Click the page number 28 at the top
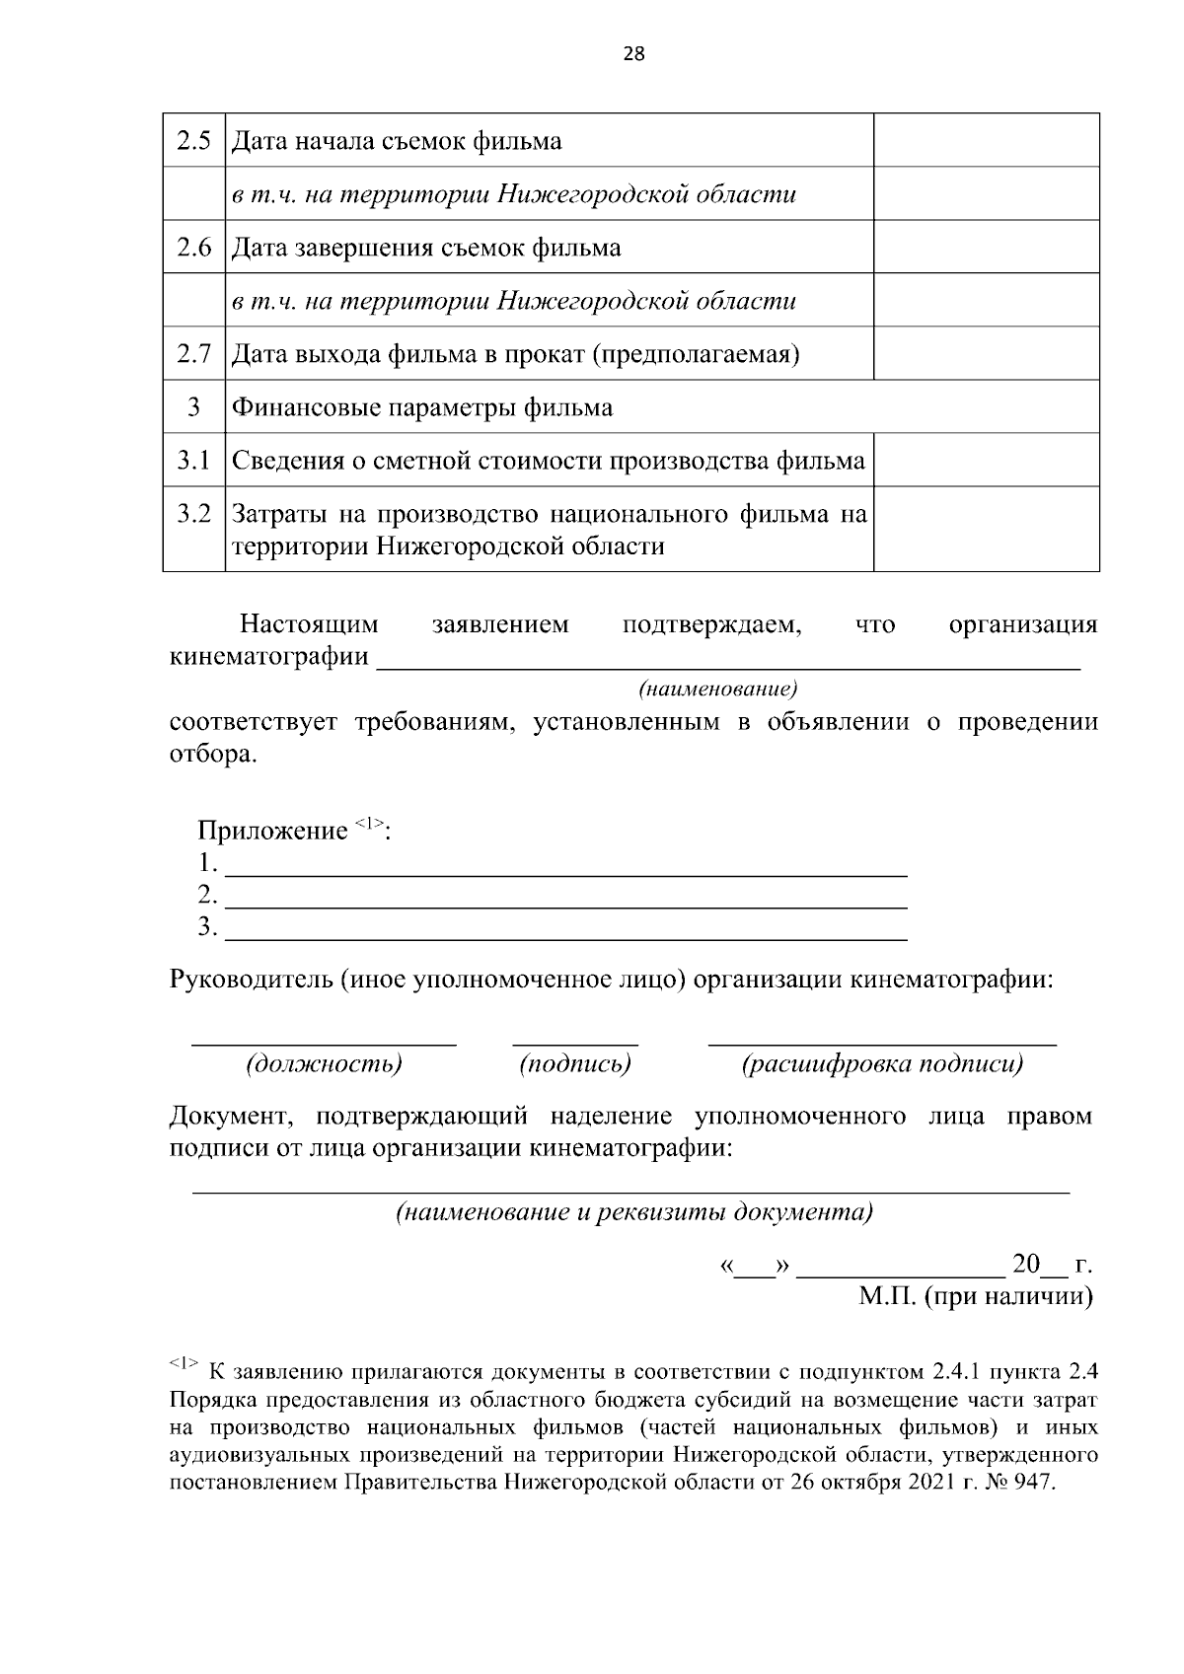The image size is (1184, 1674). click(633, 55)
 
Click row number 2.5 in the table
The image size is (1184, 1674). click(194, 141)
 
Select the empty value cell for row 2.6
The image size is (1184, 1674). click(986, 247)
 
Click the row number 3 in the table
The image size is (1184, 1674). click(194, 407)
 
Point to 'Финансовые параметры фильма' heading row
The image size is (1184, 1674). click(422, 407)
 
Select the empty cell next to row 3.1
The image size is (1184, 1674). click(986, 460)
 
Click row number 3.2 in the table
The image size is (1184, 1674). click(194, 514)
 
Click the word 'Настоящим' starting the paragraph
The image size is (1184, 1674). click(309, 624)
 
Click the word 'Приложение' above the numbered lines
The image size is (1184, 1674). click(273, 832)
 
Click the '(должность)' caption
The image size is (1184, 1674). click(324, 1063)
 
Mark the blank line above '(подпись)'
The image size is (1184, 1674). click(575, 1042)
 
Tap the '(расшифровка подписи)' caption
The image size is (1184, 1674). click(882, 1063)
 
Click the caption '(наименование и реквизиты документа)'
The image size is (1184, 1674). click(633, 1211)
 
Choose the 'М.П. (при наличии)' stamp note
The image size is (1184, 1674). click(975, 1296)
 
